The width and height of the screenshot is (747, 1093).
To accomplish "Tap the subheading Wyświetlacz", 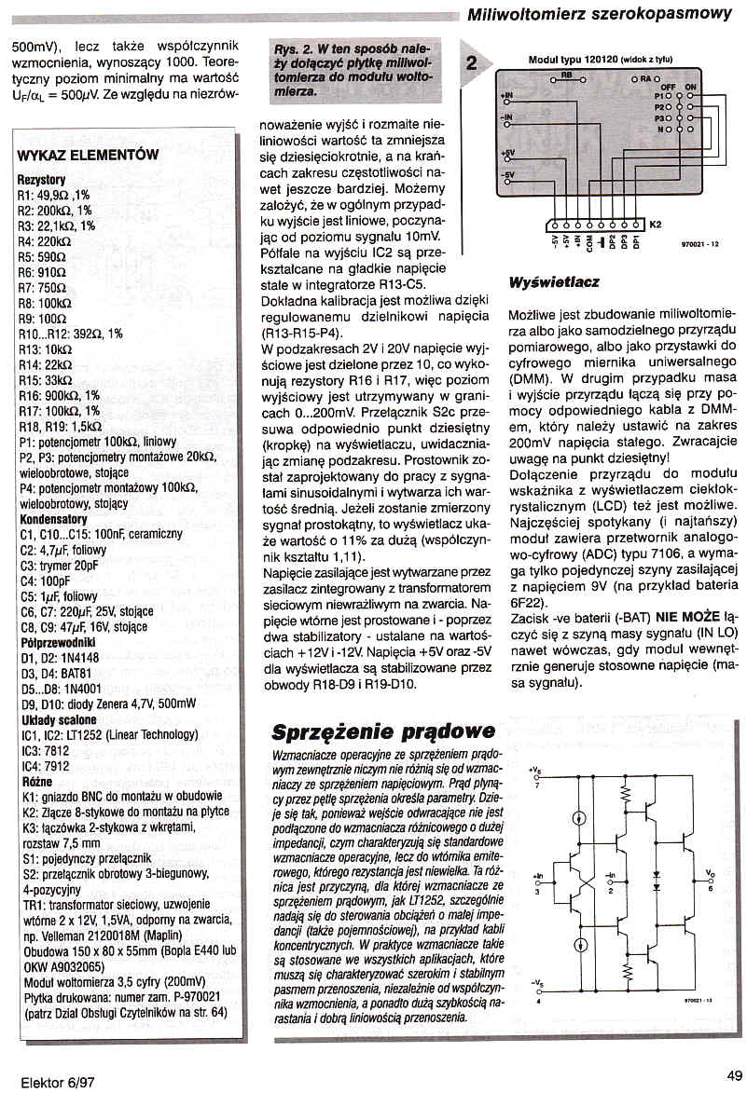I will pyautogui.click(x=554, y=281).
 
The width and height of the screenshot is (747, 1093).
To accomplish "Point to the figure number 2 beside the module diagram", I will pyautogui.click(x=472, y=63).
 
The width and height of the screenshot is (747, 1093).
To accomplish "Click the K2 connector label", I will pyautogui.click(x=656, y=225).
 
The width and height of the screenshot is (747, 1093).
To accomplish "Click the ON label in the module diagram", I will pyautogui.click(x=691, y=86).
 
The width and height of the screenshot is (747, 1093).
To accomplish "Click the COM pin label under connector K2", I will pyautogui.click(x=590, y=244).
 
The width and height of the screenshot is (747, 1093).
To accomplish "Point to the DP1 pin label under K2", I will pyautogui.click(x=636, y=243).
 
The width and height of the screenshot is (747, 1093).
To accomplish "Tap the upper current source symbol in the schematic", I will pyautogui.click(x=580, y=819).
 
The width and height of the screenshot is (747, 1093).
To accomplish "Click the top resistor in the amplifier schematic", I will pyautogui.click(x=626, y=794).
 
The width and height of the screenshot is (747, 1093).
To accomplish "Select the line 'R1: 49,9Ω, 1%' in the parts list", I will pyautogui.click(x=53, y=195).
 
